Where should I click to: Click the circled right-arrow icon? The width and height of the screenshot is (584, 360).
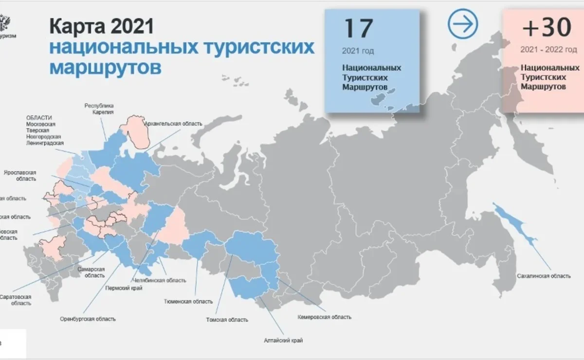click(463, 24)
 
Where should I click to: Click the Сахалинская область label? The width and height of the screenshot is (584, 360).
click(544, 276)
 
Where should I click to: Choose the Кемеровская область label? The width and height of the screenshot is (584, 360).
click(324, 317)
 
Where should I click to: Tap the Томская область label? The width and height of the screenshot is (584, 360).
click(227, 320)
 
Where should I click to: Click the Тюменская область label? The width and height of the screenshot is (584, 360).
click(188, 301)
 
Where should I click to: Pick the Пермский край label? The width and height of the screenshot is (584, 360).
click(123, 288)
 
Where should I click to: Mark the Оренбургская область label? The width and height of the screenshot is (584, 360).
click(88, 319)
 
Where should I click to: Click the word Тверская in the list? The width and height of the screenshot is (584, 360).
click(37, 130)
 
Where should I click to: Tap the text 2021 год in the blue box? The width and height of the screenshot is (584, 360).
click(358, 51)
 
